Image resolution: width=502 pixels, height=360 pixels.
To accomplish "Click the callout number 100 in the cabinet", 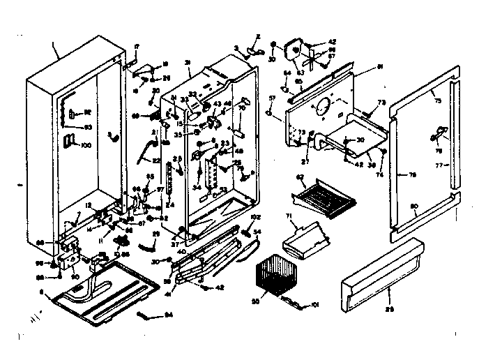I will pyautogui.click(x=86, y=144).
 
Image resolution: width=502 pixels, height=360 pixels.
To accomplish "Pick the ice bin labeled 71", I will pyautogui.click(x=305, y=239).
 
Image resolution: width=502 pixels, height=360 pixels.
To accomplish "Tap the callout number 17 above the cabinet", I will pyautogui.click(x=137, y=46).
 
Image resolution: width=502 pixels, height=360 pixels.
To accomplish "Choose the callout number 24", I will pyautogui.click(x=170, y=204).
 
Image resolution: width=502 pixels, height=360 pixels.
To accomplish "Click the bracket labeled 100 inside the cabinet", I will pyautogui.click(x=69, y=142).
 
